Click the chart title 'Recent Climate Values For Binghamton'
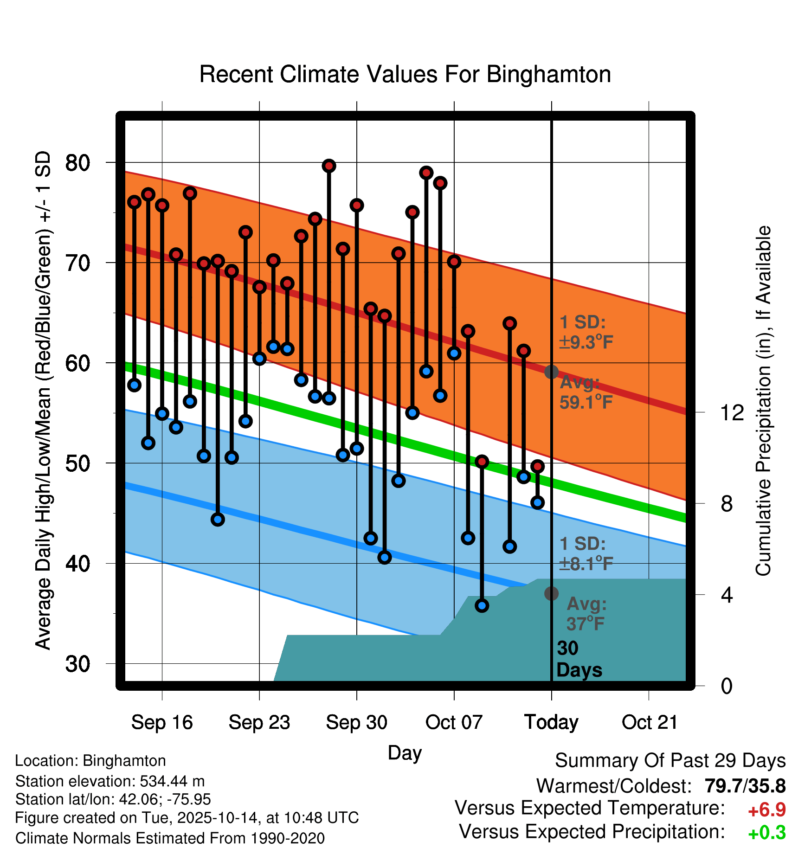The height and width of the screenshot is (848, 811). coord(405,75)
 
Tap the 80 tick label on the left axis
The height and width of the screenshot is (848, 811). coord(77,163)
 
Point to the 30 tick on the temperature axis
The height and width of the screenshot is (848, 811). coord(77,664)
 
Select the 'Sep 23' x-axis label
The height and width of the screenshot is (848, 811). coord(259,722)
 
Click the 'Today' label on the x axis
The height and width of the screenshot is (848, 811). coord(551,722)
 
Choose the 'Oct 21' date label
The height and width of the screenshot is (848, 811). coord(650,722)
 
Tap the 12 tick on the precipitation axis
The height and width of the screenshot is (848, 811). coord(732,412)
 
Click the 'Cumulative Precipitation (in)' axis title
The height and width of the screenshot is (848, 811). coord(763,401)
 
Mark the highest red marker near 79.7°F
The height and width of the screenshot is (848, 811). coord(329,166)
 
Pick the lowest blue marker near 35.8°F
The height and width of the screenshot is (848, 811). coord(482,605)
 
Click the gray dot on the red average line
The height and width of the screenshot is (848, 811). coord(551,372)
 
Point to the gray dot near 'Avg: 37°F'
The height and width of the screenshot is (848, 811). coord(551,593)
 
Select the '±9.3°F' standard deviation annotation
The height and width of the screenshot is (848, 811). coord(586,342)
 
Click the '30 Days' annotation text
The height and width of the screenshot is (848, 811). coord(579,659)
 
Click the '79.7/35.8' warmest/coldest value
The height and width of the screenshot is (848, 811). coord(745,786)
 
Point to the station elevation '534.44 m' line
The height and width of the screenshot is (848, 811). coord(110,781)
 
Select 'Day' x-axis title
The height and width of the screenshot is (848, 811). coord(405,752)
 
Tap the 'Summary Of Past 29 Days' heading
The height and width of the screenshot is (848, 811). coord(670,761)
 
